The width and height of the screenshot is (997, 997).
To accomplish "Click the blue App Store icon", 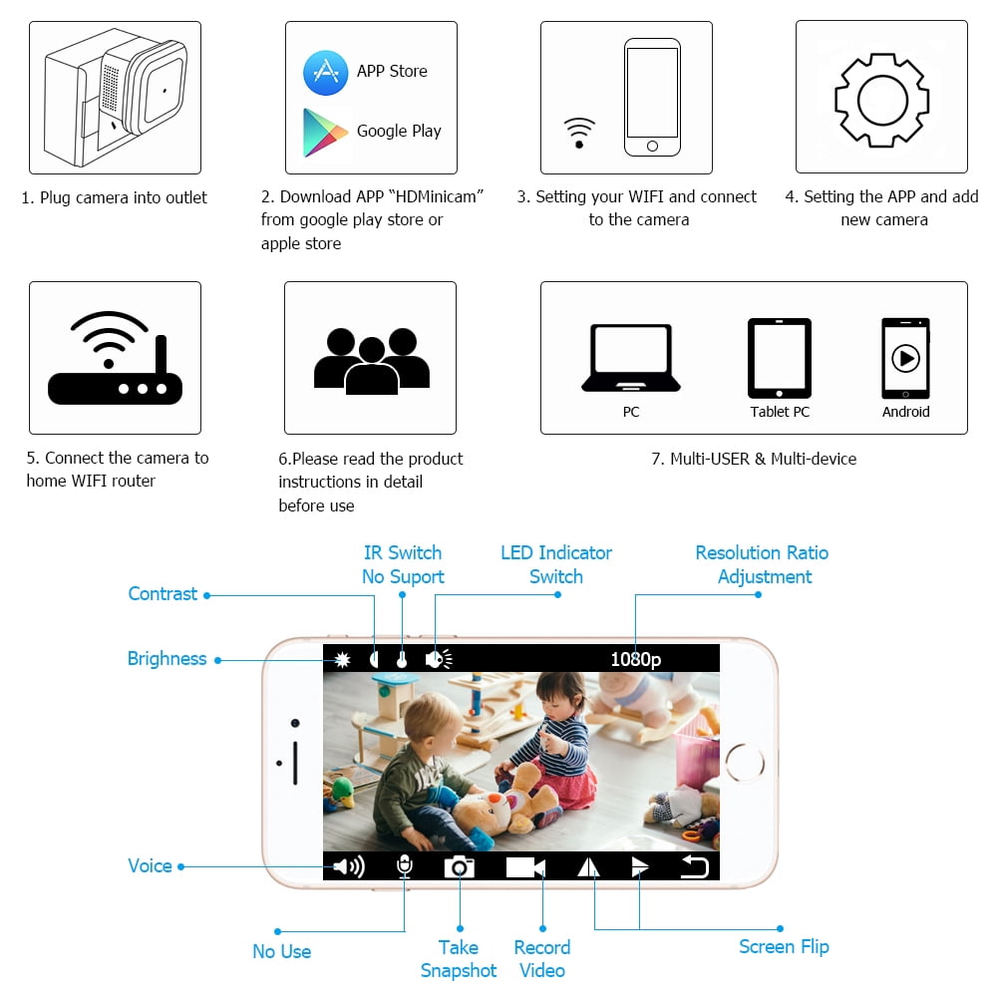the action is point(326,73).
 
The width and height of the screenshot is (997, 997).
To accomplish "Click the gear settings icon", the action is point(882,101).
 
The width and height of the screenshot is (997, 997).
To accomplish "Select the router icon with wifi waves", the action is point(115,358).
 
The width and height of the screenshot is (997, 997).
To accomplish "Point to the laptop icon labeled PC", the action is point(631,358).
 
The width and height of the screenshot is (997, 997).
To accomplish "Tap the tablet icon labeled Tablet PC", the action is point(780,358).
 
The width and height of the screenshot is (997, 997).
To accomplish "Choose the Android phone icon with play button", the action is point(905,358).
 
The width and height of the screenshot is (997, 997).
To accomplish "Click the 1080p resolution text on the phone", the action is point(636,659).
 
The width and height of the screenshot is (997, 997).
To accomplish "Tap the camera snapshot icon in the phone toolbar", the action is point(459,866).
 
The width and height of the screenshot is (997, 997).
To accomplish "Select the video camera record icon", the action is point(525,867).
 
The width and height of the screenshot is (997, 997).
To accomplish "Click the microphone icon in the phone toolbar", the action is point(405,866).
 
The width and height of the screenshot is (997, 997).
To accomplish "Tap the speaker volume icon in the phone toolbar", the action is point(349,866).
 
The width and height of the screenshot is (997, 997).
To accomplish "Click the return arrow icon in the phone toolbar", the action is point(694,866).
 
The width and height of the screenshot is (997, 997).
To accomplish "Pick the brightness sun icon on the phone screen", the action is point(342,659).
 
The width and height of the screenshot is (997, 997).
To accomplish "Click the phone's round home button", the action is point(745,762).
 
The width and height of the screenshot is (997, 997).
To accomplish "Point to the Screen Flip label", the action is point(784,947).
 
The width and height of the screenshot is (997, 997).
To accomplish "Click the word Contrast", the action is point(163,594).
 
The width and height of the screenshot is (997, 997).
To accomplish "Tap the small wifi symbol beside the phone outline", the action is point(579,133).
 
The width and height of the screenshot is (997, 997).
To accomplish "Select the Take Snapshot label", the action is point(459,959).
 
